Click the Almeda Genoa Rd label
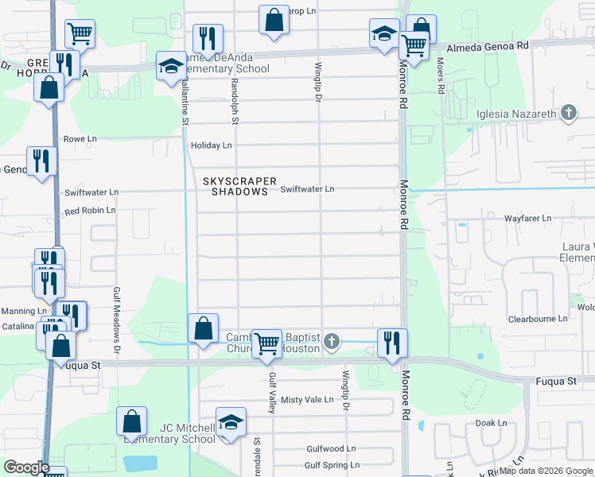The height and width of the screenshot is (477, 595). pos(488,47)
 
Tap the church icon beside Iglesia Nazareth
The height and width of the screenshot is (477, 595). pos(568,113)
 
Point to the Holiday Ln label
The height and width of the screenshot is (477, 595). pos(211,145)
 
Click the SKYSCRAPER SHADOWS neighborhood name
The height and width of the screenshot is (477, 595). pos(235,186)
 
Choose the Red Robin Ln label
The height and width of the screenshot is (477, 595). pos(90,211)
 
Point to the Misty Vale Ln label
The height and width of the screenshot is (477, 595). pos(307,399)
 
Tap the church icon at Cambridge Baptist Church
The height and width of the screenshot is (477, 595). pos(332,343)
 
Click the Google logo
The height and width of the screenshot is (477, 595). pos(26,467)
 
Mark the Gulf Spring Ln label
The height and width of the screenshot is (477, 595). pos(332,465)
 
